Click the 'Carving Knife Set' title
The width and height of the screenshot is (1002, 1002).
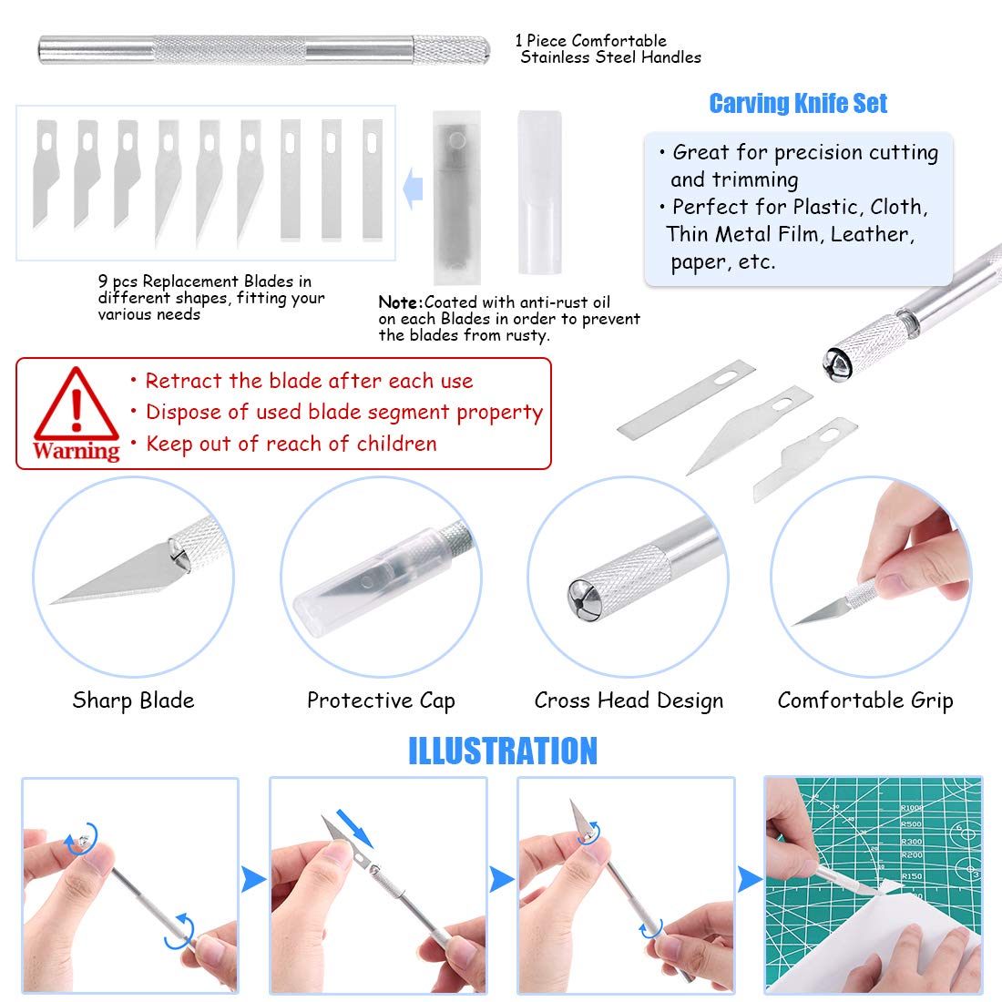pyautogui.click(x=798, y=104)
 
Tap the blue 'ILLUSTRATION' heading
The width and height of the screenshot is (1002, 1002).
pyautogui.click(x=502, y=751)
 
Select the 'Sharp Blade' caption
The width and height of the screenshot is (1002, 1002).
pyautogui.click(x=133, y=700)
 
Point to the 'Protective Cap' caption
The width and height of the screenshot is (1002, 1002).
pyautogui.click(x=381, y=700)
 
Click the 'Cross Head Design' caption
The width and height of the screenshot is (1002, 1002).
pyautogui.click(x=629, y=700)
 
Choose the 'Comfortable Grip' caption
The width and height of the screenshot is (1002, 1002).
pyautogui.click(x=865, y=700)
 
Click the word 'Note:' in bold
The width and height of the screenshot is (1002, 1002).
pyautogui.click(x=401, y=302)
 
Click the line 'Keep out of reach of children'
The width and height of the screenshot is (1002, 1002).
pyautogui.click(x=291, y=444)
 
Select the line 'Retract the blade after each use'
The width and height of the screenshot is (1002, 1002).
pyautogui.click(x=309, y=381)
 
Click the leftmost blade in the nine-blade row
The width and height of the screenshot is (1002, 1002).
pyautogui.click(x=46, y=173)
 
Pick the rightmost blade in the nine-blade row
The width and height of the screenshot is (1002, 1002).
pyautogui.click(x=373, y=179)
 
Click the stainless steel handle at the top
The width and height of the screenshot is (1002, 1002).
pyautogui.click(x=263, y=49)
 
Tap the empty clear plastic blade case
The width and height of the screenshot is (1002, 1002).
pyautogui.click(x=539, y=191)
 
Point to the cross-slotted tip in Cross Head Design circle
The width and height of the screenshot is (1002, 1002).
pyautogui.click(x=582, y=596)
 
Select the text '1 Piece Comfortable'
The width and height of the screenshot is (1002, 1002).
pyautogui.click(x=590, y=41)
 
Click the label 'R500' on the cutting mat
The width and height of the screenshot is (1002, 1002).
pyautogui.click(x=911, y=824)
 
